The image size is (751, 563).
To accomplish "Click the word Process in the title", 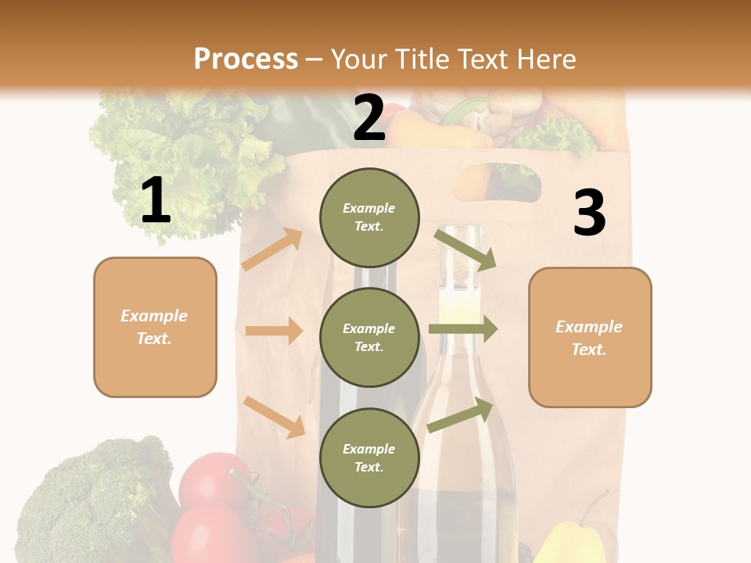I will (x=246, y=59).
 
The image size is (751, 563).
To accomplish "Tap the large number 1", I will (x=156, y=200).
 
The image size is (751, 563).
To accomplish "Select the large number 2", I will (x=369, y=118).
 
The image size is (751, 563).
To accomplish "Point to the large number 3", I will (x=589, y=213).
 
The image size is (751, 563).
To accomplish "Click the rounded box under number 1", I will (x=155, y=327).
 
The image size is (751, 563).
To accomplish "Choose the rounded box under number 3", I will (x=590, y=337).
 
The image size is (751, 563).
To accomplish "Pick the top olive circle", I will (x=369, y=217).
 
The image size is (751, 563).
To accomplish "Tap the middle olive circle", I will (x=369, y=337).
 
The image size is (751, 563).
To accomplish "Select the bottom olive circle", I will (x=369, y=457).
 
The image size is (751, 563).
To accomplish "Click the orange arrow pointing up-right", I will (x=272, y=249).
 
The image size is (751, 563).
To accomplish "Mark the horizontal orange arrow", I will (x=274, y=331).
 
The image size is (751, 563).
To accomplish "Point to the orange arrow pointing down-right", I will (x=274, y=417).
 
